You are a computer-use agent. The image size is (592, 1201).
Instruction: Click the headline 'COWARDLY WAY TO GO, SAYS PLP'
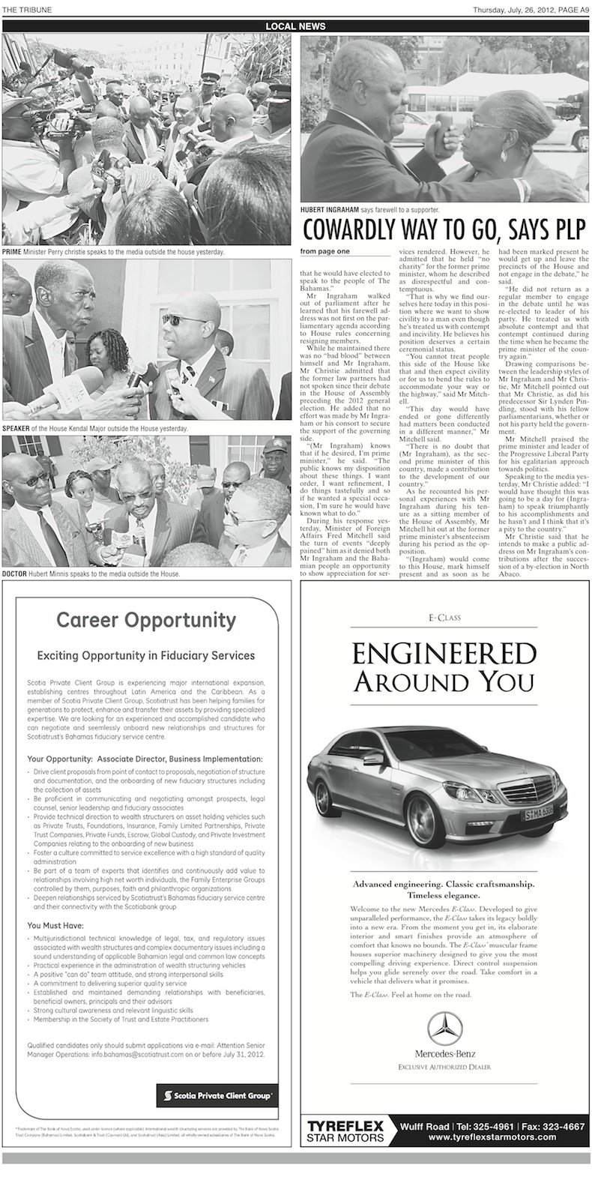pos(444,229)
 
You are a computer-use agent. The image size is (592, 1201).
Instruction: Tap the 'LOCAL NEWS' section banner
pos(295,26)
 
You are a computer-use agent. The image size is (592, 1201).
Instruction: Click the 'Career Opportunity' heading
pos(146,620)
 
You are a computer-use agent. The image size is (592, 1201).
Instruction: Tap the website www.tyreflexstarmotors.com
pos(492,1137)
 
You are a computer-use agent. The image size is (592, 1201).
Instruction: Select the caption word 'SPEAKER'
pos(16,428)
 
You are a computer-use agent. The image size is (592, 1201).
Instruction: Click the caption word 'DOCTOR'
pos(15,574)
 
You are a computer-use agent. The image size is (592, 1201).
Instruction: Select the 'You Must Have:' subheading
pos(55,925)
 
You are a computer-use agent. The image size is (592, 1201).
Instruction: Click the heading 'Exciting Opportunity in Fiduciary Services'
pos(146,654)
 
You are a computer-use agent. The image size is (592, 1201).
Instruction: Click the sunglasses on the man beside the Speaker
pos(176,319)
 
